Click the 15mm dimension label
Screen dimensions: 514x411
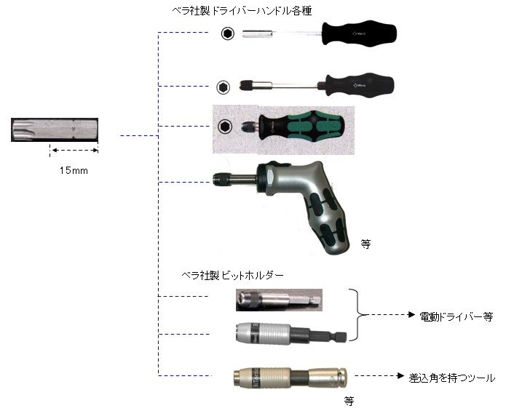[74, 170]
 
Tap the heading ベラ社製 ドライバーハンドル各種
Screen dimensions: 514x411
[242, 11]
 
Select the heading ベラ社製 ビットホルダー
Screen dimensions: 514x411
[232, 275]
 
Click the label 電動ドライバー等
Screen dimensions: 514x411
[456, 316]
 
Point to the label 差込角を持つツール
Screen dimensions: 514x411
[451, 378]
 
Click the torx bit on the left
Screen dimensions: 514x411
[55, 129]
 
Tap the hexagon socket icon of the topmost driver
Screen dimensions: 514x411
[227, 33]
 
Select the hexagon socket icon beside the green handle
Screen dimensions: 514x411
[225, 126]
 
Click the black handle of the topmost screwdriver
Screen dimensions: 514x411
[359, 33]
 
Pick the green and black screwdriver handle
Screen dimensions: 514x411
[301, 126]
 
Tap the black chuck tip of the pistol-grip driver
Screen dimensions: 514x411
[218, 179]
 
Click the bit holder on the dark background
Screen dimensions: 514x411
[279, 300]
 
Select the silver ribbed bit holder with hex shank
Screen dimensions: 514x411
[291, 334]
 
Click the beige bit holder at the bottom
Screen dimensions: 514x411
[290, 378]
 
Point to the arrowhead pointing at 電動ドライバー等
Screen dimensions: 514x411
[411, 315]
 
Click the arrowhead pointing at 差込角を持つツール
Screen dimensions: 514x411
[400, 375]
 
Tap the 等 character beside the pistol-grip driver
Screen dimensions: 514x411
[365, 244]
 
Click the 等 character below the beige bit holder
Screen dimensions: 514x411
[349, 401]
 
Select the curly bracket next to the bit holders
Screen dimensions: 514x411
[357, 315]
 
